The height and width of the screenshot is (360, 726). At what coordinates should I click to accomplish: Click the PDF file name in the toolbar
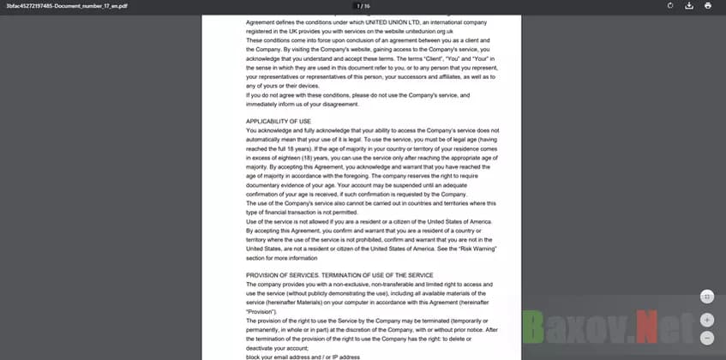point(54,5)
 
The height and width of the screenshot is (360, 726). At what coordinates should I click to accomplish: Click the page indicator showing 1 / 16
point(363,5)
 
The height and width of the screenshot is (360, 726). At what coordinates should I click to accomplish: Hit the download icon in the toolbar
point(689,6)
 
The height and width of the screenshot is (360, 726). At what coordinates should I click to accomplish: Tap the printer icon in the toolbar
point(708,6)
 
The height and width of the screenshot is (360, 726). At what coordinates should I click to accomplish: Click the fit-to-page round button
point(707,296)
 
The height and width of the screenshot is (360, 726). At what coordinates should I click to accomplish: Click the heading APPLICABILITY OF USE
point(279,122)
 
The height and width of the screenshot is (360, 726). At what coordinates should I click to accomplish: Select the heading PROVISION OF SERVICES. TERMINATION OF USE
point(339,274)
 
